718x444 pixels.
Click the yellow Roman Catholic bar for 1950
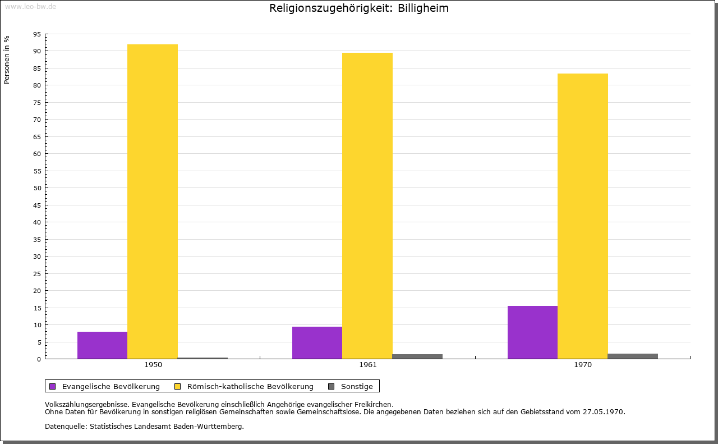153,202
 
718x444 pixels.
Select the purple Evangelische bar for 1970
532,332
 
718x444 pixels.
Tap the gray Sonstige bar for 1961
417,356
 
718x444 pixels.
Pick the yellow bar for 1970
583,216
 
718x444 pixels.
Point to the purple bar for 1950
102,345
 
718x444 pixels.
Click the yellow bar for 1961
367,205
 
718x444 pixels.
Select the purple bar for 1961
317,342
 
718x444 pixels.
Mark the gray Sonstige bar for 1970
633,356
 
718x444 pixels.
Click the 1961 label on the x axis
367,365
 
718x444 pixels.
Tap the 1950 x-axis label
153,365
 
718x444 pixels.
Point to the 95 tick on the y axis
37,34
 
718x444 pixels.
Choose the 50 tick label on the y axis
37,188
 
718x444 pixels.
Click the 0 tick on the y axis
39,359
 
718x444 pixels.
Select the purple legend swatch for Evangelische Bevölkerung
53,387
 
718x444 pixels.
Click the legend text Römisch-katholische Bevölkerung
250,387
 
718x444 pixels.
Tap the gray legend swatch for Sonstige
332,387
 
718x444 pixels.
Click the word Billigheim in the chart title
423,8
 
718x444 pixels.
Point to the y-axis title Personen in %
7,60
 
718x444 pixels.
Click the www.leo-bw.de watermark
31,7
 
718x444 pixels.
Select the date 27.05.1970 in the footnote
604,412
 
